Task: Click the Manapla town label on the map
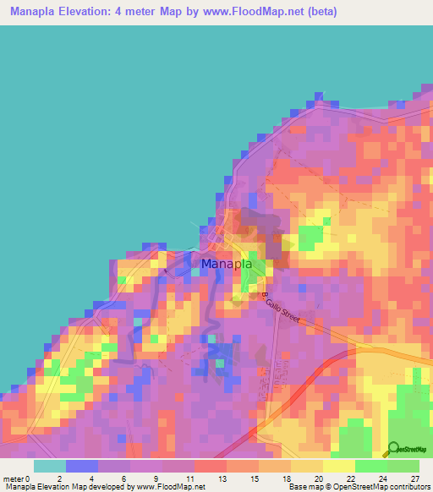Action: pos(226,264)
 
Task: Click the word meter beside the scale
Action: pos(13,478)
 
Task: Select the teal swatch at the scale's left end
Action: pos(49,466)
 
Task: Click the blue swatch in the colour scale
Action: pos(81,466)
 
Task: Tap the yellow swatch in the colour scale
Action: pos(337,466)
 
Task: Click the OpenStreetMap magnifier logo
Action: pos(392,449)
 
